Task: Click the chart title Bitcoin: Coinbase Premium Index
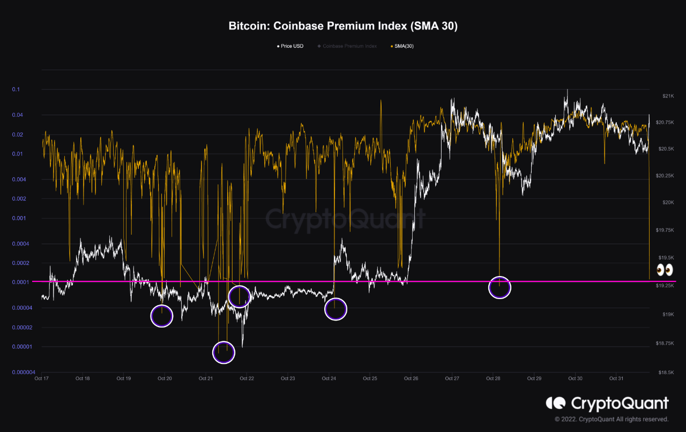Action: pyautogui.click(x=343, y=26)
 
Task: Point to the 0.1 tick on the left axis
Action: pyautogui.click(x=16, y=90)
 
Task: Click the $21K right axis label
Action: pyautogui.click(x=668, y=96)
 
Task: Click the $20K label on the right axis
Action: pyautogui.click(x=668, y=202)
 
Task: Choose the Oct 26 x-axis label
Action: pyautogui.click(x=411, y=378)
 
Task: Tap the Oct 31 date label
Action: pyautogui.click(x=616, y=378)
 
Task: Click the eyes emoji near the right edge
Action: pyautogui.click(x=665, y=269)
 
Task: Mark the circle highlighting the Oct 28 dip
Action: pyautogui.click(x=499, y=288)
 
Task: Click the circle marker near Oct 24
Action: pyautogui.click(x=335, y=309)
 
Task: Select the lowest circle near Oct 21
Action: pyautogui.click(x=223, y=352)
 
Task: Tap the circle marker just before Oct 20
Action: pyautogui.click(x=162, y=316)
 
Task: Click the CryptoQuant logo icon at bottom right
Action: pyautogui.click(x=555, y=403)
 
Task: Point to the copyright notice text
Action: pyautogui.click(x=612, y=419)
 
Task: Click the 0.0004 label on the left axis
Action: pyautogui.click(x=20, y=244)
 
